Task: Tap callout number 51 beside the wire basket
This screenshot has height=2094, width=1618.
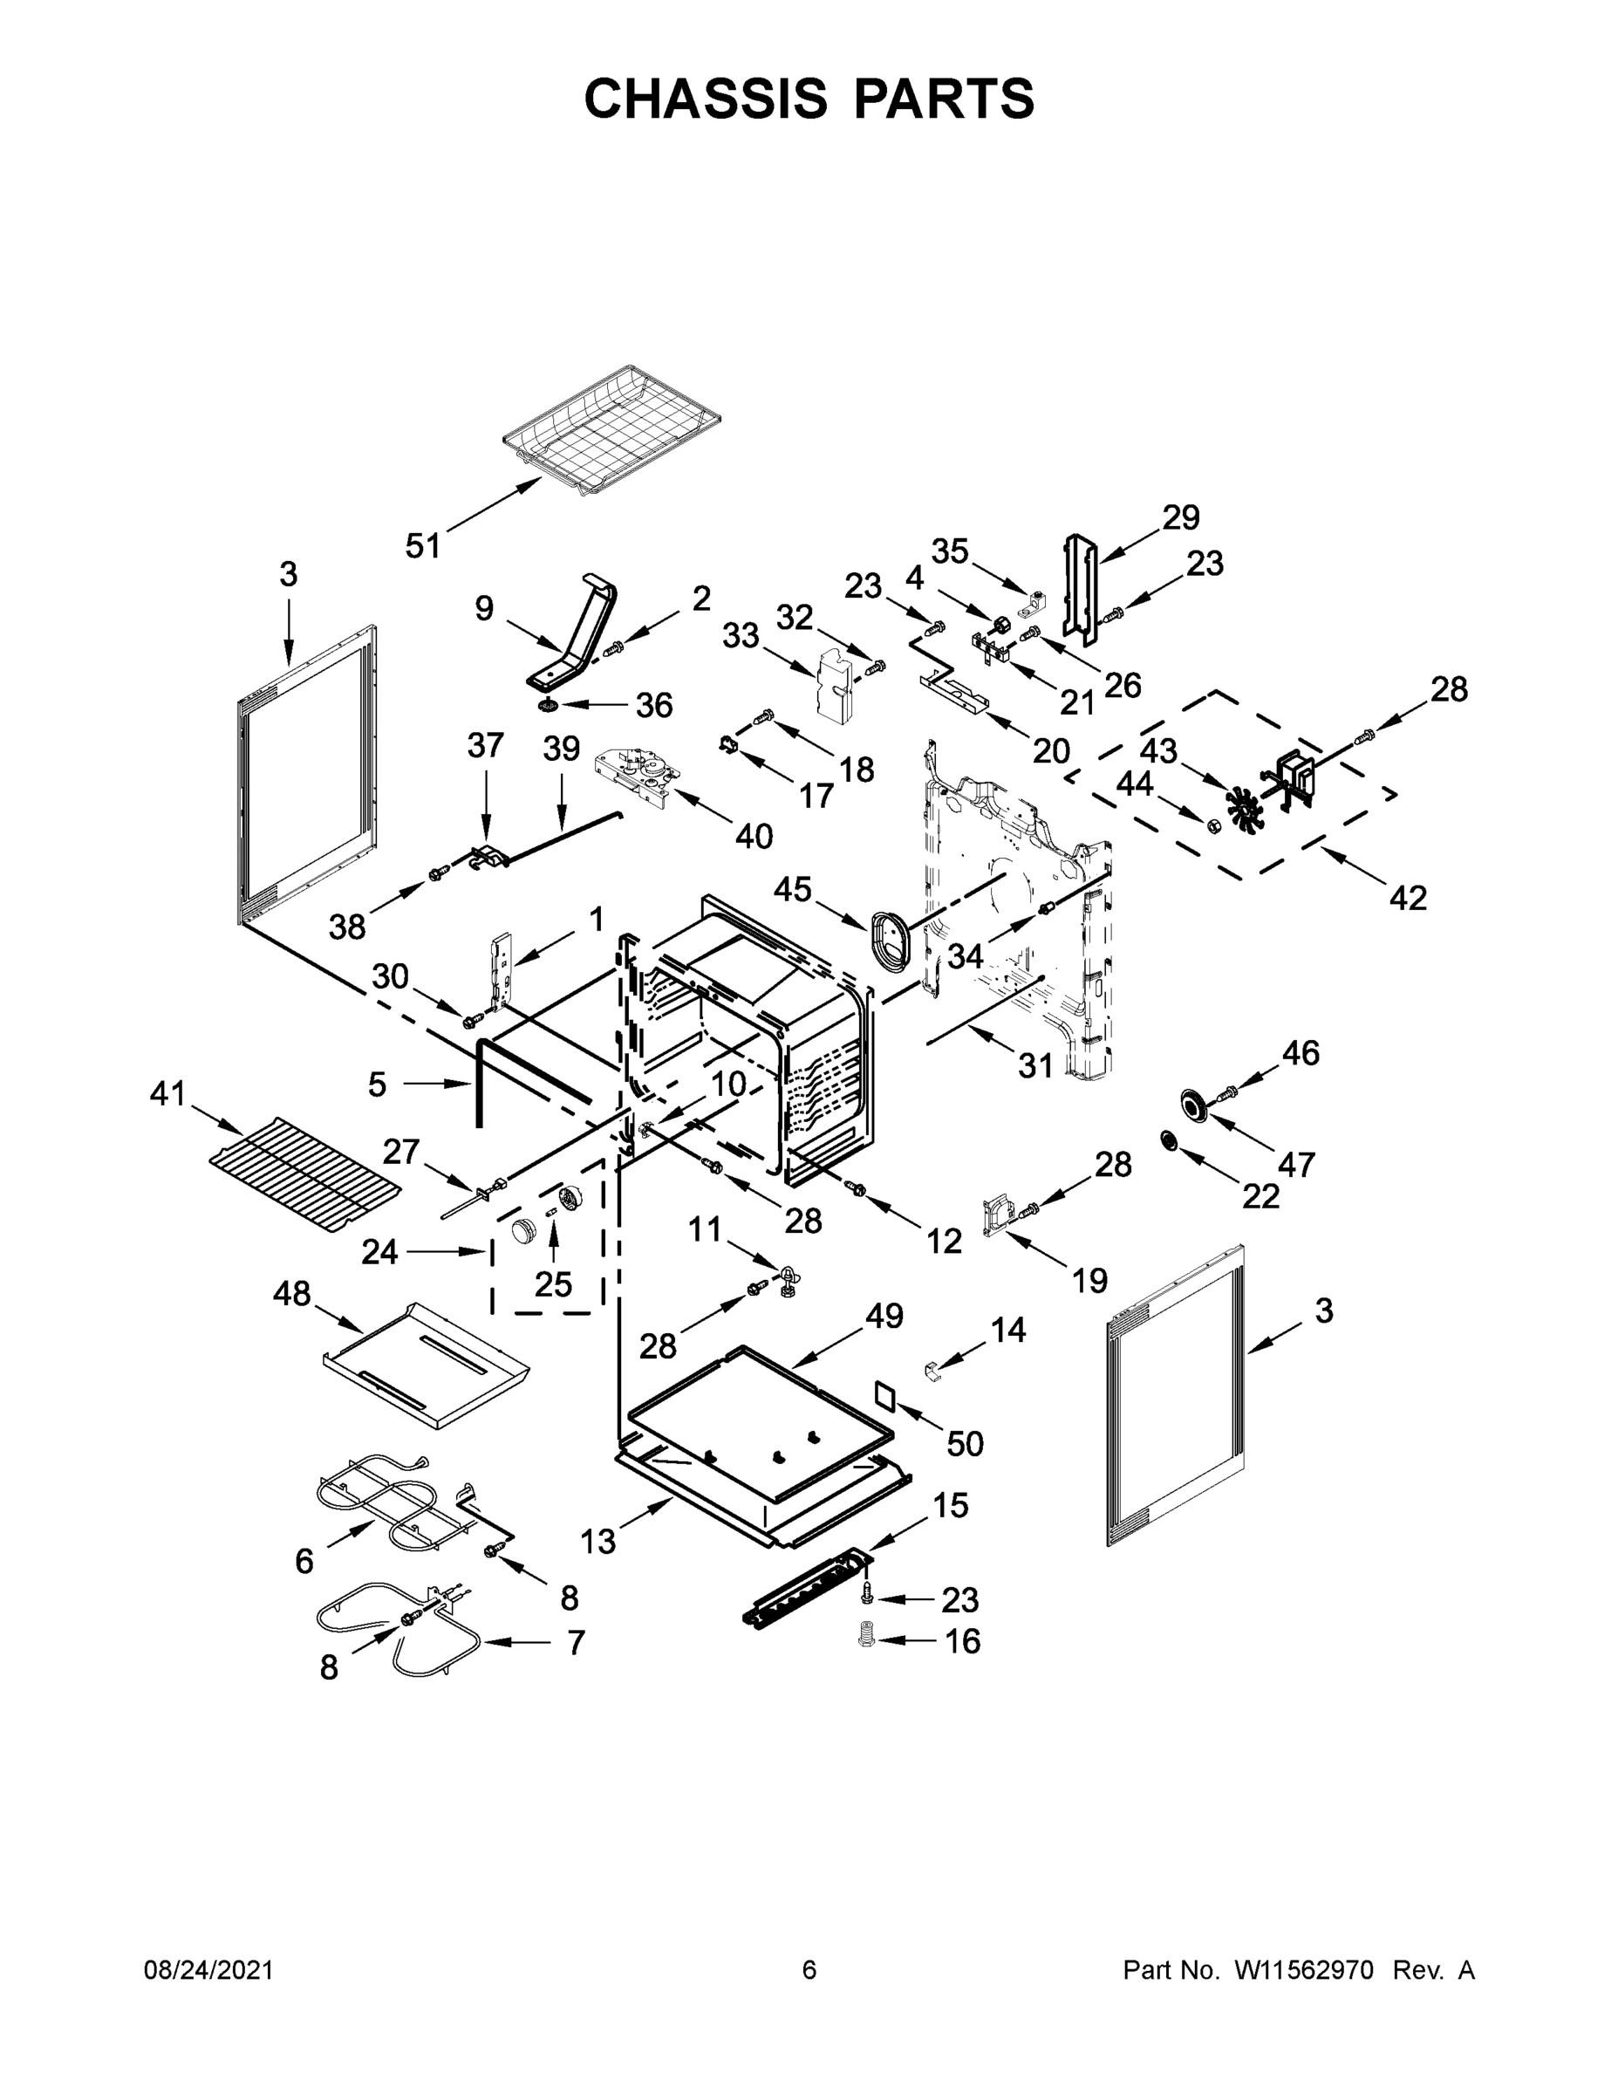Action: (423, 545)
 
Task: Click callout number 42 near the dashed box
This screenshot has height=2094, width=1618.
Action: (1407, 898)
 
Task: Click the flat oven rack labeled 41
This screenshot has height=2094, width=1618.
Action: (304, 1174)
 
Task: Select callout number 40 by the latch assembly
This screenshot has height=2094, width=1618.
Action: (754, 836)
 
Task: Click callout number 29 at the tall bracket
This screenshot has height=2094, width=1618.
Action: (1181, 517)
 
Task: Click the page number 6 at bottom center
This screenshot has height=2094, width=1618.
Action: (809, 1970)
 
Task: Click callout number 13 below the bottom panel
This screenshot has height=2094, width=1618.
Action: (597, 1542)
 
